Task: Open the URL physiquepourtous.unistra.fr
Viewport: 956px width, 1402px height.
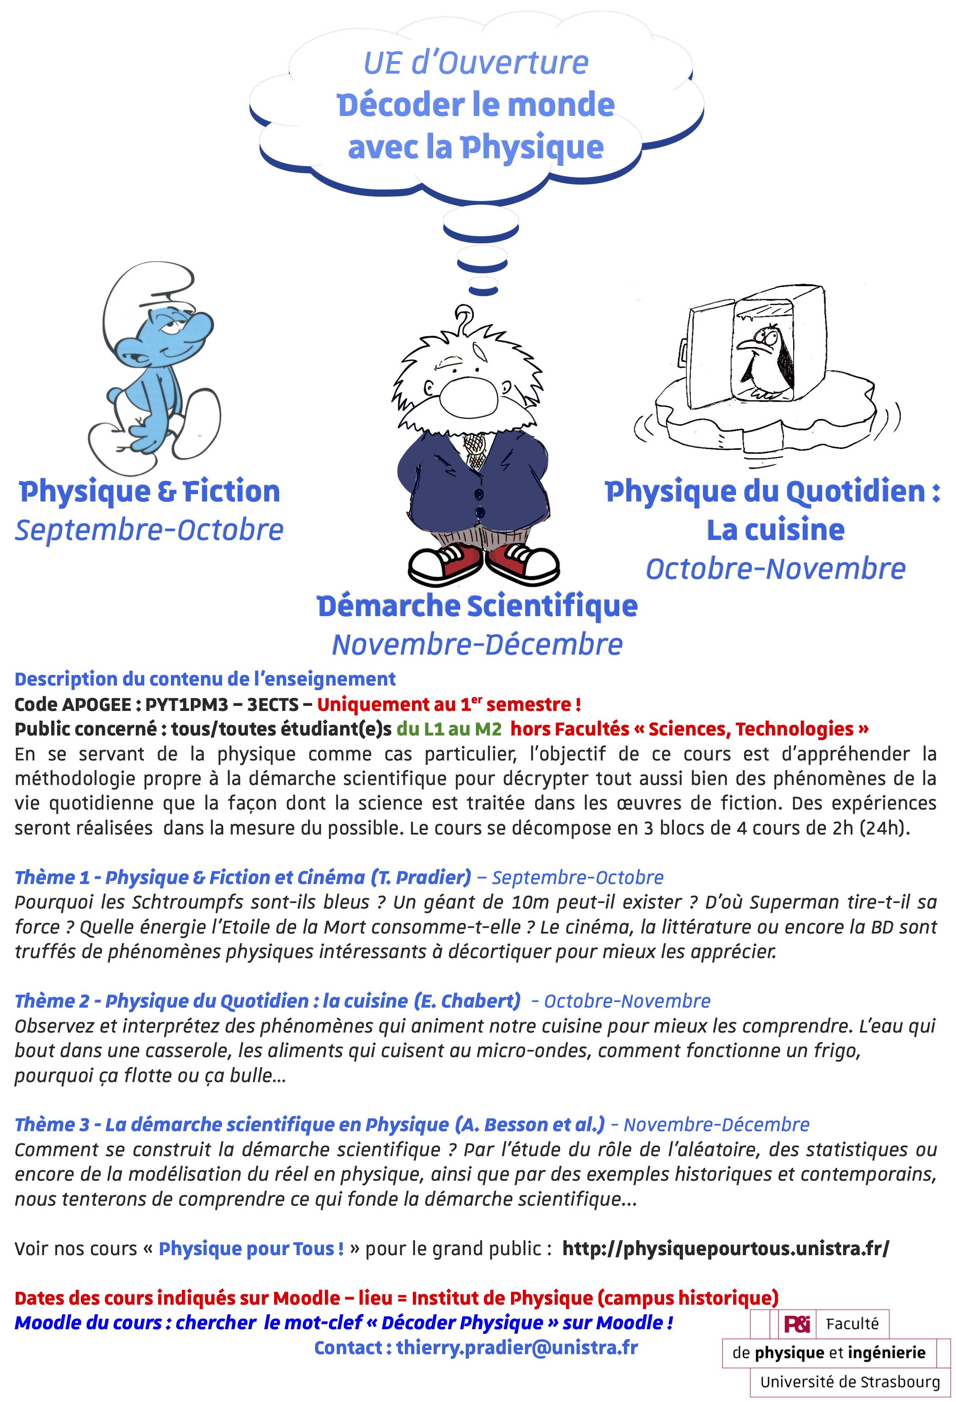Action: (x=725, y=1248)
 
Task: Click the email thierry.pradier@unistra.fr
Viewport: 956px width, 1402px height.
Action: (x=516, y=1348)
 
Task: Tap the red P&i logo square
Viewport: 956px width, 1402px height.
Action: (x=796, y=1324)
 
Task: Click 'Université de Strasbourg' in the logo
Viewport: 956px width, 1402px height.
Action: (x=849, y=1382)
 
